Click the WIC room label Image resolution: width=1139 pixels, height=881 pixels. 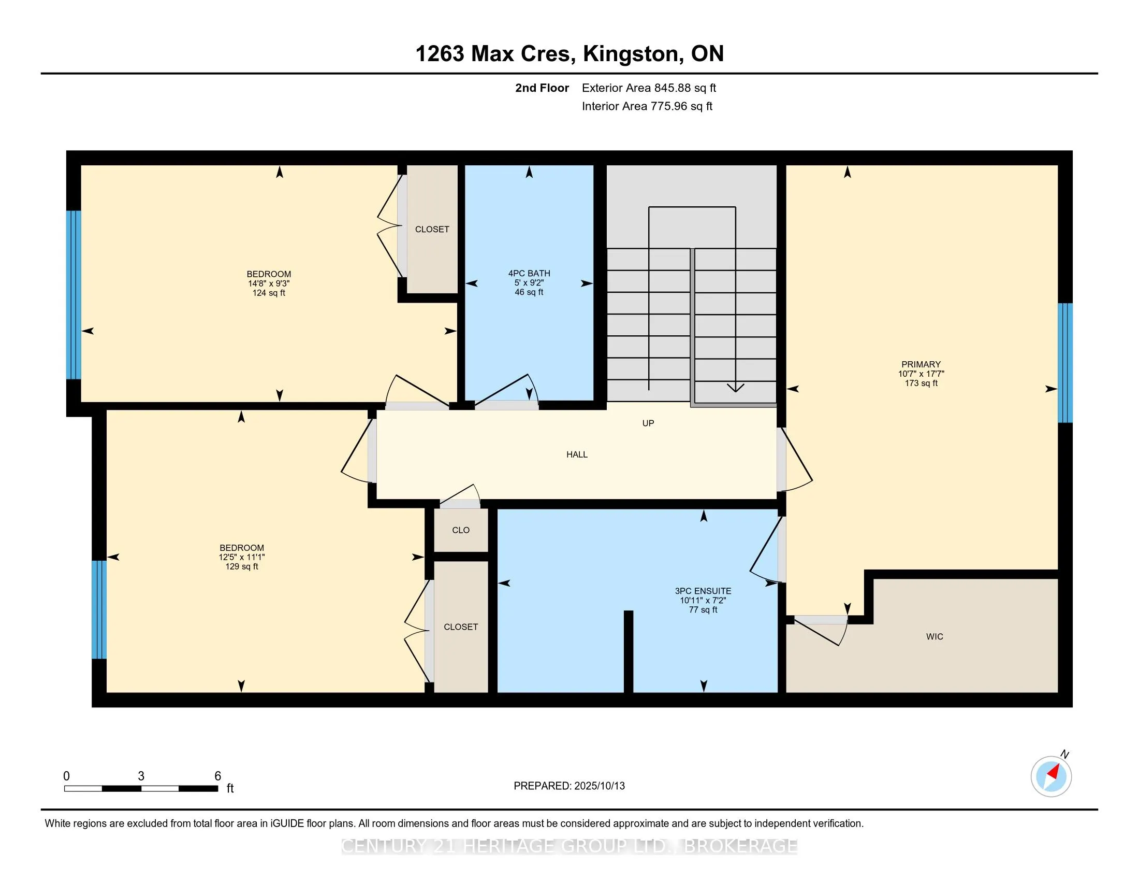pos(934,636)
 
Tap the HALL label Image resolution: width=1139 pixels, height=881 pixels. pos(577,454)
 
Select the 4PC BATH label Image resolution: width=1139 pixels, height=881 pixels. pos(529,273)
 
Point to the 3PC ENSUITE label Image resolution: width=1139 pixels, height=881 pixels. pos(703,591)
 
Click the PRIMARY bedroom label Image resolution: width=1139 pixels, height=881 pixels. pos(921,364)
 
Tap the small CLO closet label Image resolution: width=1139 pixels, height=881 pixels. pos(460,530)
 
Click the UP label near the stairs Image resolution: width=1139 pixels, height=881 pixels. pos(648,423)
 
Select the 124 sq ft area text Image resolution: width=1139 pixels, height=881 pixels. pos(269,293)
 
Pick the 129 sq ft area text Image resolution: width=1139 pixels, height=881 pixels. pos(241,566)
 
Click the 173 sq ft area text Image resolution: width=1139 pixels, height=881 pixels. pos(921,383)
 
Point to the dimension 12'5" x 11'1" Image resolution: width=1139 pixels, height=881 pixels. pos(241,557)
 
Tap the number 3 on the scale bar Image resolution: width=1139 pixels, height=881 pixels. pos(141,776)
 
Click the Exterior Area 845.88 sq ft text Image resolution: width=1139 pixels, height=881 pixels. pos(649,88)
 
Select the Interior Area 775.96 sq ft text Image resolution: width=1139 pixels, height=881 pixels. pos(647,106)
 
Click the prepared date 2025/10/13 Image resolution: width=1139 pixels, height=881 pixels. pos(599,786)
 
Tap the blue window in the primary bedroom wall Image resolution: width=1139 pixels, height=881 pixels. pos(1065,363)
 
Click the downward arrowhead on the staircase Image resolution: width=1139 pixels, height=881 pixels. pos(735,387)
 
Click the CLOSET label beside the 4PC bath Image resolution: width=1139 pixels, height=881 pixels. pos(432,229)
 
